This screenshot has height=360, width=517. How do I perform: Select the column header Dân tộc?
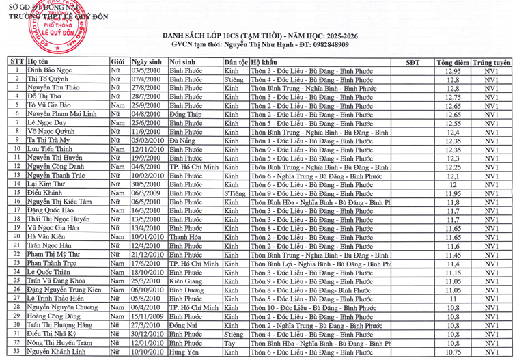point(236,61)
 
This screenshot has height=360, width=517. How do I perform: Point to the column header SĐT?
point(413,61)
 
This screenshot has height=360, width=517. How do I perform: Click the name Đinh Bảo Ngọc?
point(49,70)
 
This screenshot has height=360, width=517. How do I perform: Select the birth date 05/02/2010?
point(148,140)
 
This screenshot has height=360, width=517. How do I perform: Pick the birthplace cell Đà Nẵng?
point(182,140)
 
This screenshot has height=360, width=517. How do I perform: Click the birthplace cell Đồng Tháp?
point(186,114)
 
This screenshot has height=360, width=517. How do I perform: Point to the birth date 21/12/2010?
point(148,254)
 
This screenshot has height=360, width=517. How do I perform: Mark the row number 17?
point(15,210)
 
